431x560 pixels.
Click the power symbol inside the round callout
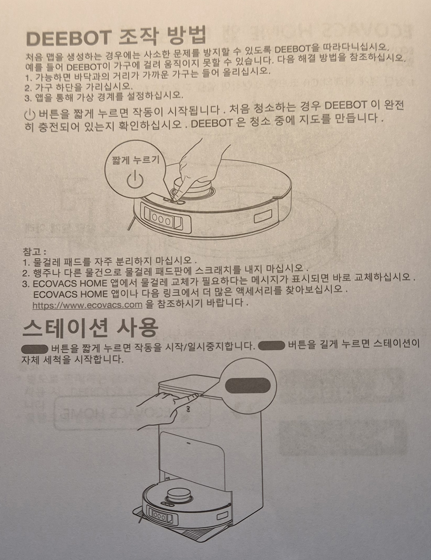tap(135, 179)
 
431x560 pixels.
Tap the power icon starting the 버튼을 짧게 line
tap(30, 114)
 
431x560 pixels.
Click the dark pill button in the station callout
tap(248, 385)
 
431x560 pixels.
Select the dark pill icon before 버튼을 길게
tap(271, 346)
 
